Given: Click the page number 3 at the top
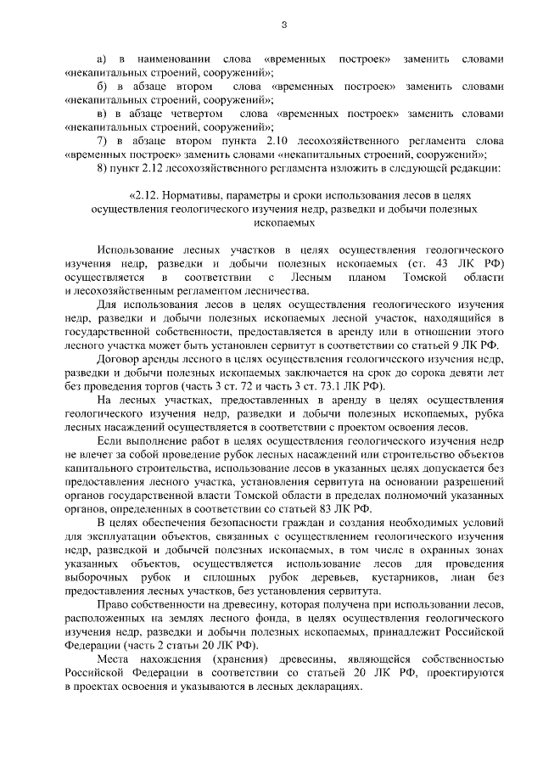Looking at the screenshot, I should click(x=284, y=24).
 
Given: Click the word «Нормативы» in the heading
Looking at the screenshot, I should click(x=186, y=196).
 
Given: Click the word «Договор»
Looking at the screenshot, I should click(x=119, y=359).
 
